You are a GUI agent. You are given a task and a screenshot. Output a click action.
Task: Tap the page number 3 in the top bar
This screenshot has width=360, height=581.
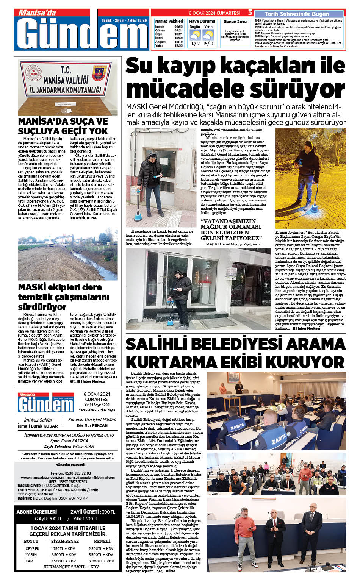tap(250, 12)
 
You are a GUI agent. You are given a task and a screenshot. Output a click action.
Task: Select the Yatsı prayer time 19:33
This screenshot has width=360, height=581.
tap(178, 45)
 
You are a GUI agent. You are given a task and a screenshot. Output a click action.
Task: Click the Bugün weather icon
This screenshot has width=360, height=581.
tap(195, 35)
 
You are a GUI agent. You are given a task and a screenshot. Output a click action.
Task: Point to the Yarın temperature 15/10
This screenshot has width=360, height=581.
tap(208, 44)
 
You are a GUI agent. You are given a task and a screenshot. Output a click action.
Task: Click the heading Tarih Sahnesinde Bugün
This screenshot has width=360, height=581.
tap(297, 14)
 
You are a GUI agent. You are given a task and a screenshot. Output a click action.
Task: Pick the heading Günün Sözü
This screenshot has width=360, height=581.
tap(235, 22)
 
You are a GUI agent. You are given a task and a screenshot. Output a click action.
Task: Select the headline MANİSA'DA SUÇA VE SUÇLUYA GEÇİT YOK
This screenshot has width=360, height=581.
tap(63, 126)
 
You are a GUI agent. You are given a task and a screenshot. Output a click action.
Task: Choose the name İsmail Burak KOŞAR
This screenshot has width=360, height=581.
tap(38, 426)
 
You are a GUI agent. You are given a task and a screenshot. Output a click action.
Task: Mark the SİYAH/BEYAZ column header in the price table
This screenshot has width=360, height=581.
tap(65, 541)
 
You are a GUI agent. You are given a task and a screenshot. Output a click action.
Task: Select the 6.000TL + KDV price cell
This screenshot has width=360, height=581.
tap(101, 561)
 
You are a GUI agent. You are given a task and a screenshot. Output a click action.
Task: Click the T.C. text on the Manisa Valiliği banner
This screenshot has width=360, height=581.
tap(66, 70)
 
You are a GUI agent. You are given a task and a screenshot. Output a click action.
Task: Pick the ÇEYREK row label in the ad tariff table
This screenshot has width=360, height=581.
tap(32, 548)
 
